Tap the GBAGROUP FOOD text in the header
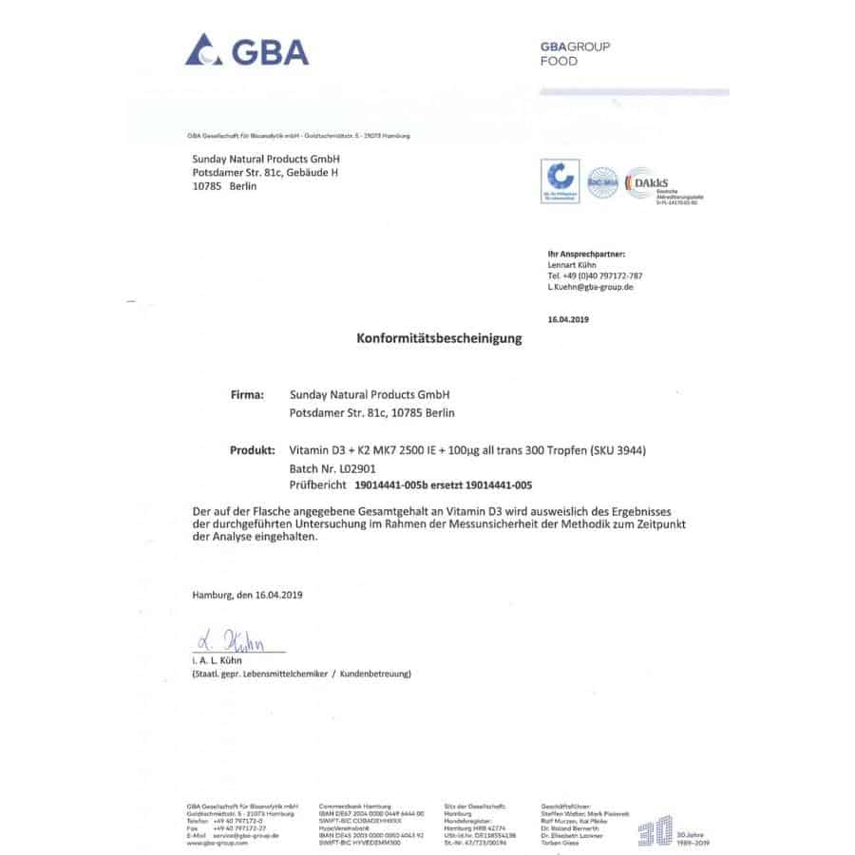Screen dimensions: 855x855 (x=575, y=54)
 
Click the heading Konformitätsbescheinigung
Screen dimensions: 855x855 (x=439, y=338)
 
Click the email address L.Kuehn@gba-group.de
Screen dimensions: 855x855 (x=590, y=286)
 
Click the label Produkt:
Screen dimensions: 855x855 (x=252, y=450)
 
